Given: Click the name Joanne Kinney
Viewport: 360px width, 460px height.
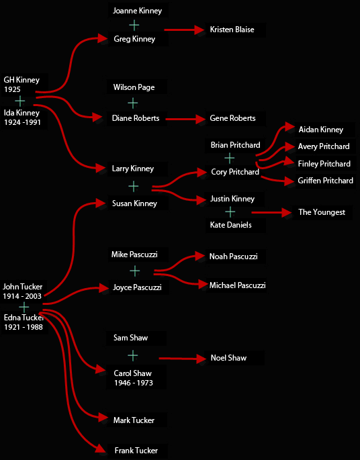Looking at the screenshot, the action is point(137,11).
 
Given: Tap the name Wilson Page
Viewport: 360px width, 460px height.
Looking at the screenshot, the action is point(134,87).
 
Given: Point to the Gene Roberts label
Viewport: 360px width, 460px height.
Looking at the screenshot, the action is point(232,118).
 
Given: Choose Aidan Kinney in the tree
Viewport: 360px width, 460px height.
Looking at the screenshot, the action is point(320,130).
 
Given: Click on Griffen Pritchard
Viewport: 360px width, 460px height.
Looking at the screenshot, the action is point(325,181).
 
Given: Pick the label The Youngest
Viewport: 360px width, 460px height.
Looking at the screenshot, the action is point(322,212).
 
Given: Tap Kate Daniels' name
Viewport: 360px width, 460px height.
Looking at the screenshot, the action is point(230,225).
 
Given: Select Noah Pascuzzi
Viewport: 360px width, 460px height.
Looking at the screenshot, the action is point(233,257).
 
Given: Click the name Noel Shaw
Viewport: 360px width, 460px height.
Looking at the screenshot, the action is point(228,358).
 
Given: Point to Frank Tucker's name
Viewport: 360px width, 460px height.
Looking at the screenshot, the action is point(136,451).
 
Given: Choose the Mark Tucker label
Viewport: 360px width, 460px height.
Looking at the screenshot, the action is point(134,420).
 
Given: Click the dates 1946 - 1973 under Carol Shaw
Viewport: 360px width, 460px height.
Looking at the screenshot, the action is point(134,383).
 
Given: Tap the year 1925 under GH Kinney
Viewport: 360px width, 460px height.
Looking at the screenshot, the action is point(12,89).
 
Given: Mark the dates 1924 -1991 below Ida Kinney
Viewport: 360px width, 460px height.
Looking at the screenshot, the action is point(22,122).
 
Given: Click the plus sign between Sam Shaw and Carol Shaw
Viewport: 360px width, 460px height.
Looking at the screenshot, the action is point(133,355).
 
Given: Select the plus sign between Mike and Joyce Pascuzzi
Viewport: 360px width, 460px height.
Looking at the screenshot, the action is point(135,271).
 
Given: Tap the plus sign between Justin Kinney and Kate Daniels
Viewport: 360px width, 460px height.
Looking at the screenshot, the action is point(230,212).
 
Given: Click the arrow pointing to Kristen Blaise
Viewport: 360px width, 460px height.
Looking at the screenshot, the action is point(184,30).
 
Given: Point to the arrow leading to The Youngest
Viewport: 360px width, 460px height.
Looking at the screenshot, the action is point(272,212).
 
